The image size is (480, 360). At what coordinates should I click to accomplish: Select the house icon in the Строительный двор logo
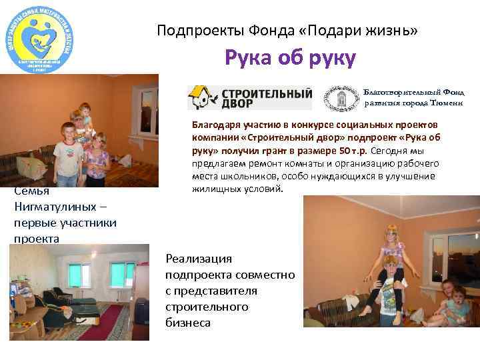point(199,98)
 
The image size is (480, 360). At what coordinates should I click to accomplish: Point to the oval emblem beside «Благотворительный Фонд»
point(342,98)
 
